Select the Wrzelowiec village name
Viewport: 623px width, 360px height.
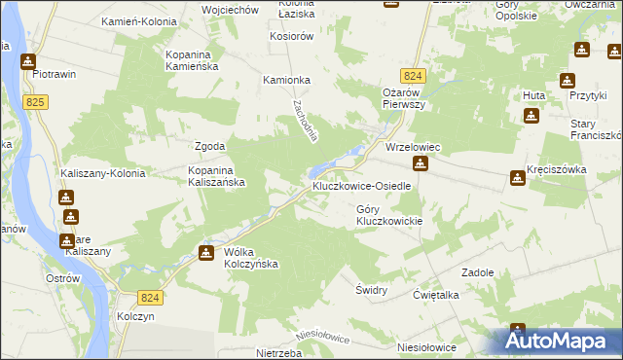pos(414,147)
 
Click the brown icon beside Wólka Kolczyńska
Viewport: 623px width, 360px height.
pos(206,254)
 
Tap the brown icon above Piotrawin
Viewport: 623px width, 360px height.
pos(29,60)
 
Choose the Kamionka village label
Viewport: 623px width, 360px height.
pos(286,81)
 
